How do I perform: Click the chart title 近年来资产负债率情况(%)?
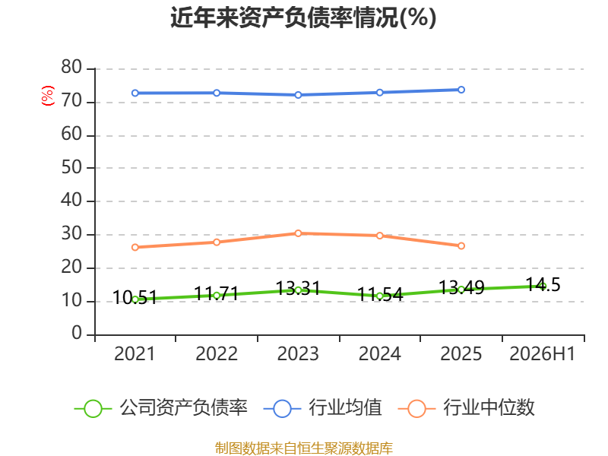tap(303, 17)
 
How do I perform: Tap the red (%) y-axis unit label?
tap(48, 96)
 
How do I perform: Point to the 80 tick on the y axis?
tap(71, 67)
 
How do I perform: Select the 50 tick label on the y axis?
tap(71, 167)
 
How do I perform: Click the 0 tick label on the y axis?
tap(77, 333)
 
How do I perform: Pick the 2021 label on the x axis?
tap(135, 353)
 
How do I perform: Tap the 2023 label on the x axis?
tap(298, 353)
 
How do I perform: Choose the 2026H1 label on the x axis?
tap(542, 353)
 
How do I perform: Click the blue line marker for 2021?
tap(135, 93)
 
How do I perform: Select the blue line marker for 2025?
tap(461, 90)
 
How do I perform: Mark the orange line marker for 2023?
tap(298, 233)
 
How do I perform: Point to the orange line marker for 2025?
tap(461, 245)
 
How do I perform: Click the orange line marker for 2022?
tap(217, 242)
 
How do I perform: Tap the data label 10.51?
tap(135, 298)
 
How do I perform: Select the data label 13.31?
tap(298, 289)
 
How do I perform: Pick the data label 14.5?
tap(543, 285)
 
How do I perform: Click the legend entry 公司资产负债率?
tap(160, 408)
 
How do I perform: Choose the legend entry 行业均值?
tap(322, 408)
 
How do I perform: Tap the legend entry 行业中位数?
tap(467, 408)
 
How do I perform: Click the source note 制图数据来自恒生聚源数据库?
tap(303, 448)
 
